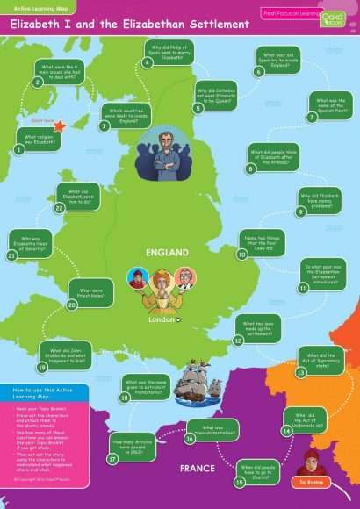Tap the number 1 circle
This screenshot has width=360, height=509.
click(18, 150)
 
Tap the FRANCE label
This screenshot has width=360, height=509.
click(197, 468)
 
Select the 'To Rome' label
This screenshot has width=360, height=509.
click(313, 482)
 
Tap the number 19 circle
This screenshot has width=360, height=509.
click(42, 368)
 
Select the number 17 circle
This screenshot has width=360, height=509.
click(113, 458)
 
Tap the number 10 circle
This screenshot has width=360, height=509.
click(242, 254)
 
